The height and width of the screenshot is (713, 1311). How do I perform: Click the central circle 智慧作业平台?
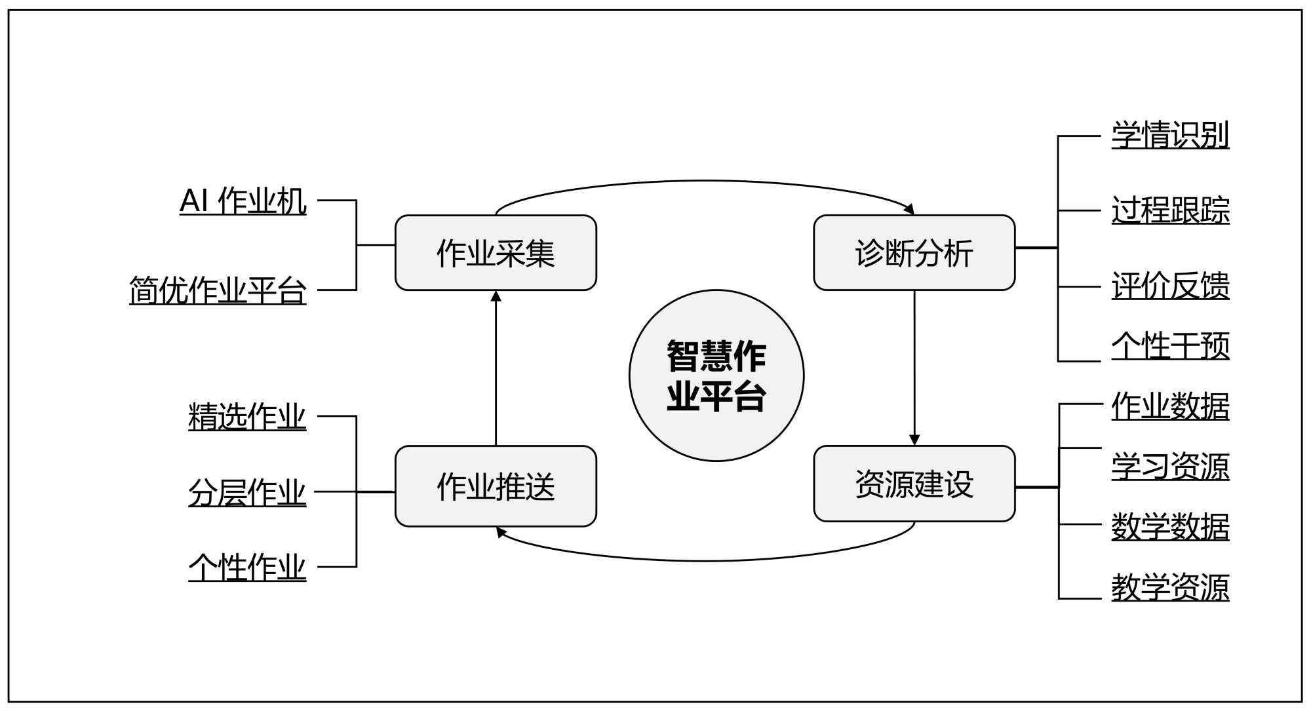(716, 376)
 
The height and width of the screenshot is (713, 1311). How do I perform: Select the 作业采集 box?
(496, 252)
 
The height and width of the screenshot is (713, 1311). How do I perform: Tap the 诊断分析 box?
(914, 252)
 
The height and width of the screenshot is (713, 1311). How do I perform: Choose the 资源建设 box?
(914, 484)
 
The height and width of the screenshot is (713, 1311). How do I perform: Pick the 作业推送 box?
(496, 486)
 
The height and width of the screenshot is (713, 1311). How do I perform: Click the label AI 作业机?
(243, 201)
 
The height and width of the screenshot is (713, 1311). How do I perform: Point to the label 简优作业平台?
(218, 290)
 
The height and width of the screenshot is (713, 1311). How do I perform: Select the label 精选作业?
(247, 416)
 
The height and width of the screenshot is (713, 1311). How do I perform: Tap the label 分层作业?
(247, 492)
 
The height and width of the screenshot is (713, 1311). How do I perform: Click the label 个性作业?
(247, 567)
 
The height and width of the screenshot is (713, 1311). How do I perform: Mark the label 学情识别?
(1170, 135)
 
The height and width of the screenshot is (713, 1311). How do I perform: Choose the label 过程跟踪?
(1170, 210)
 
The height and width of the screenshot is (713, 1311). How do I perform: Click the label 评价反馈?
(1170, 286)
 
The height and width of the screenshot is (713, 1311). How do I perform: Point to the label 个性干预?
(1170, 345)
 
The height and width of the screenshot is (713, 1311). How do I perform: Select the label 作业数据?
(1170, 406)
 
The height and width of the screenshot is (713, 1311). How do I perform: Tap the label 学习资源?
(1170, 466)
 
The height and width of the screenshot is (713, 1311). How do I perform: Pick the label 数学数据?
(1170, 526)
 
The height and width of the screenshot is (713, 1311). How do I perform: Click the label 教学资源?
(1170, 587)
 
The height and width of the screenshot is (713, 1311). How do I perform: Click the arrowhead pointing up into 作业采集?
(496, 296)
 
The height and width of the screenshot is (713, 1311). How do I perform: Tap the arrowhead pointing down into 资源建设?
(914, 440)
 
